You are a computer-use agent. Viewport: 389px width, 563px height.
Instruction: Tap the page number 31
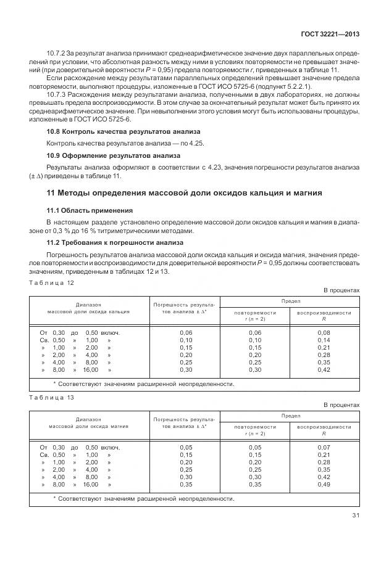click(x=354, y=516)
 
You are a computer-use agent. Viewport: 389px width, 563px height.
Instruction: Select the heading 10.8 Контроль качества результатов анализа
click(x=123, y=132)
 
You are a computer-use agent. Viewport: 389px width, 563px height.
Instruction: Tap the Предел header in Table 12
click(x=291, y=301)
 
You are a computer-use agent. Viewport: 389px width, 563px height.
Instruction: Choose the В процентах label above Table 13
click(x=341, y=405)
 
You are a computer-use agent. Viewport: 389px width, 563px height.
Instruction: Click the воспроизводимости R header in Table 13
click(x=324, y=430)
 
